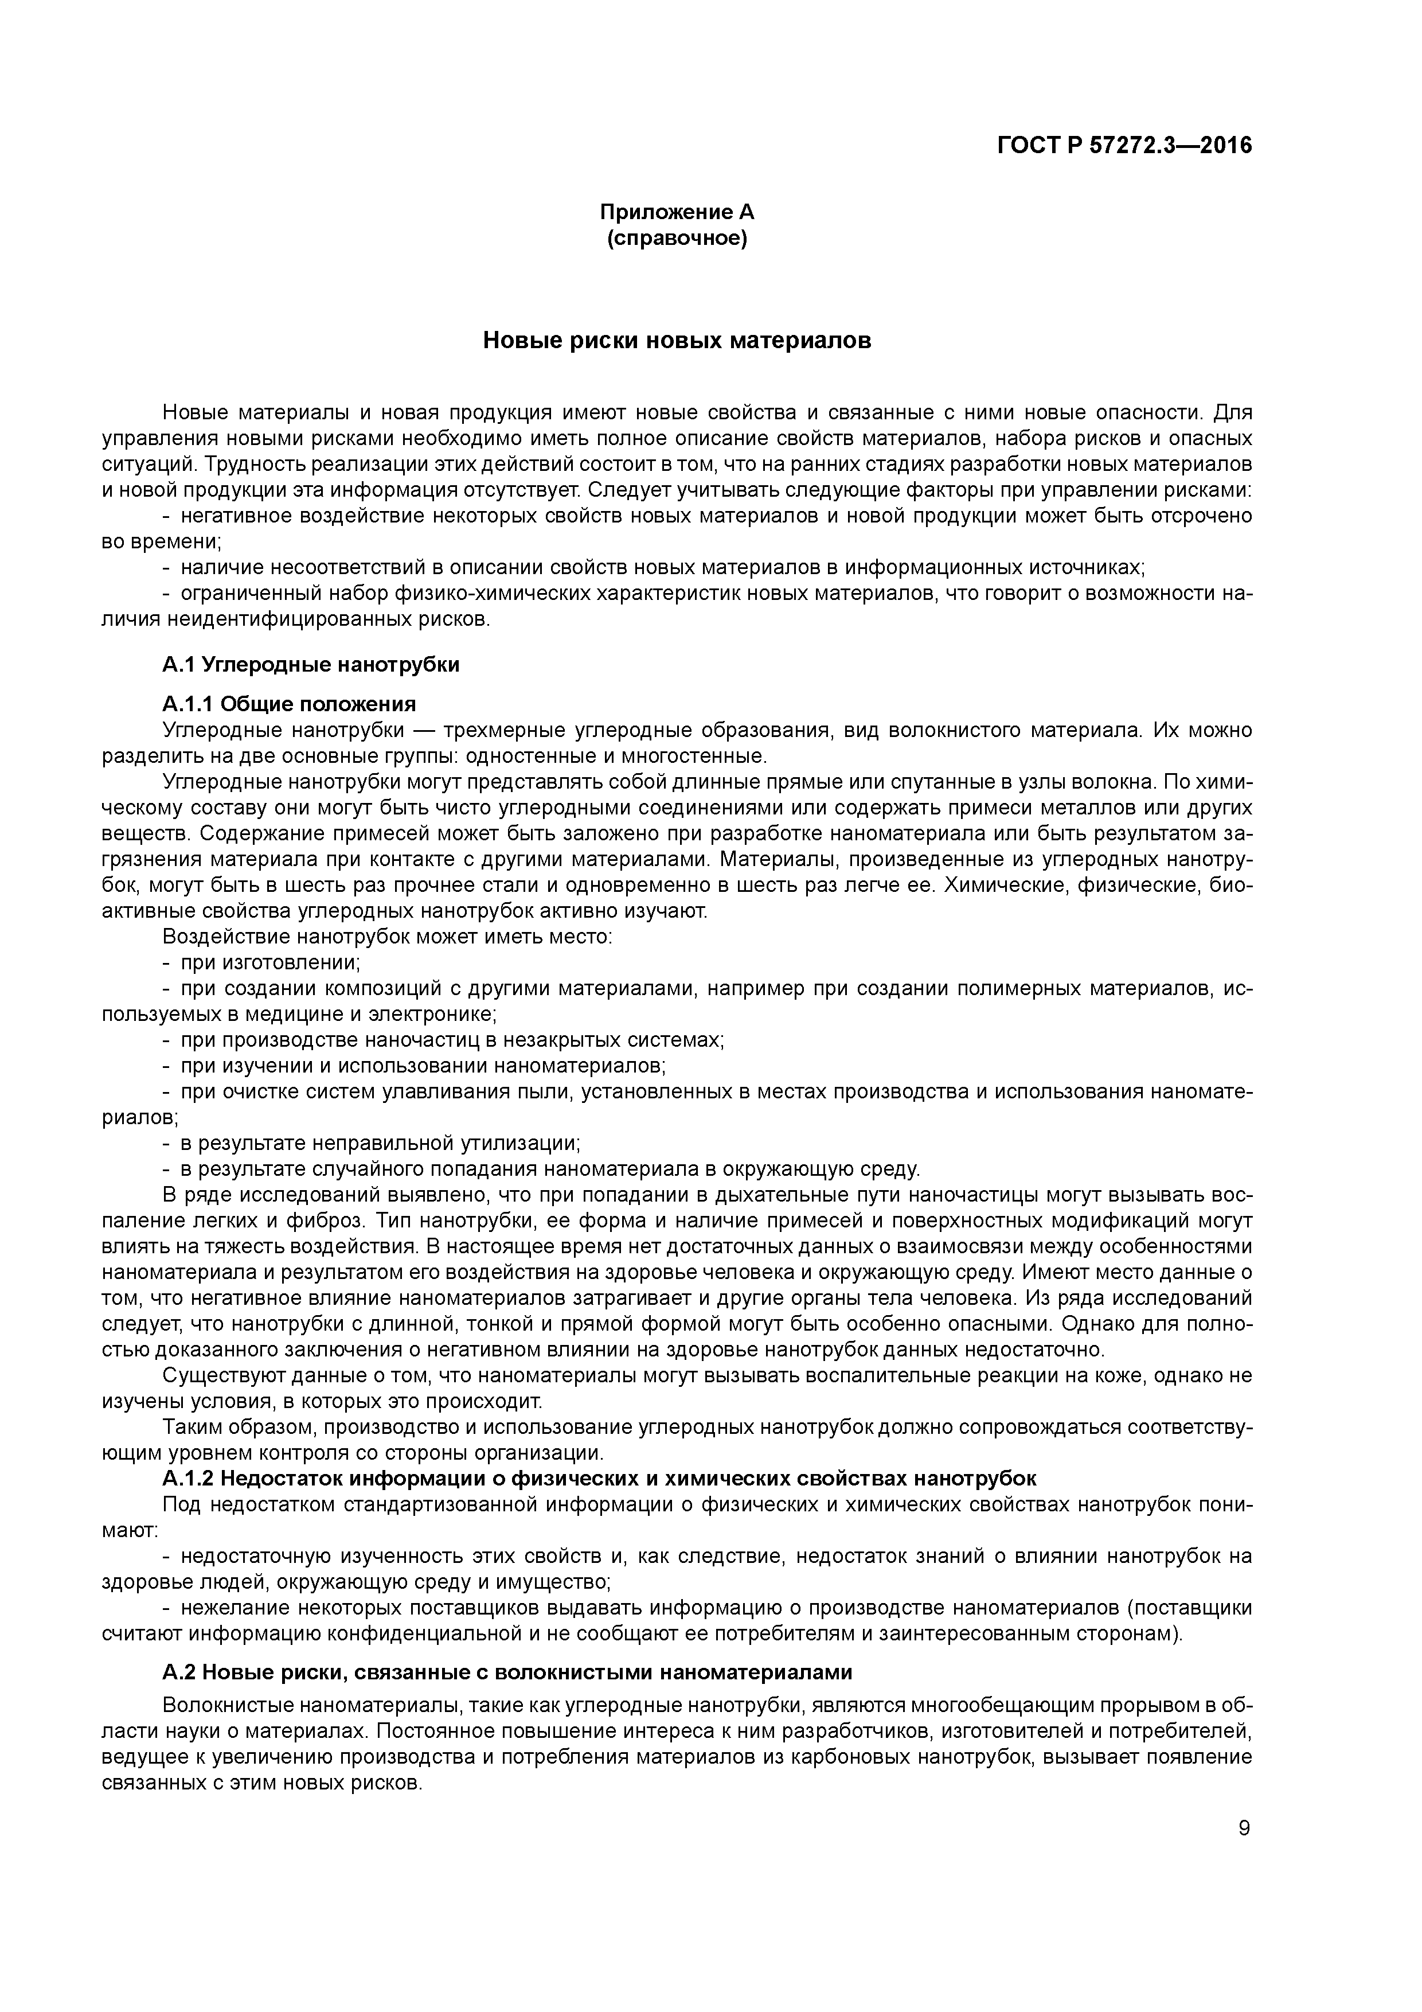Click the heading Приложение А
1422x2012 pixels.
pyautogui.click(x=677, y=212)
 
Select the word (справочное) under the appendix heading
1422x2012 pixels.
pyautogui.click(x=677, y=239)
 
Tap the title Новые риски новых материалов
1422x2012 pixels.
pyautogui.click(x=677, y=341)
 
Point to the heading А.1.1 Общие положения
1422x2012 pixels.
pyautogui.click(x=289, y=704)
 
